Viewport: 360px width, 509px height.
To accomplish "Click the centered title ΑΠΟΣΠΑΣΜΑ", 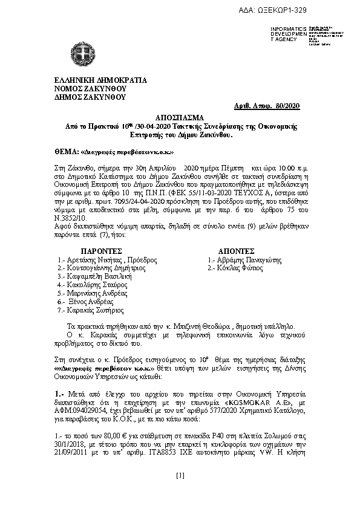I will [x=180, y=117].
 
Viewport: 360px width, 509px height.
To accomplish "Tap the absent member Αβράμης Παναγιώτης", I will [x=241, y=259].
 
